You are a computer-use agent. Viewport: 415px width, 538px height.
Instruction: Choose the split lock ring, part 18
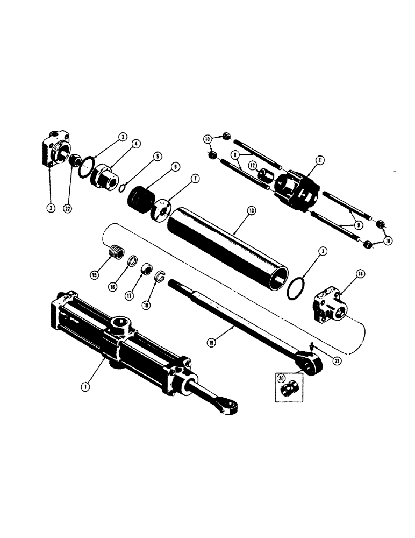[160, 277]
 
